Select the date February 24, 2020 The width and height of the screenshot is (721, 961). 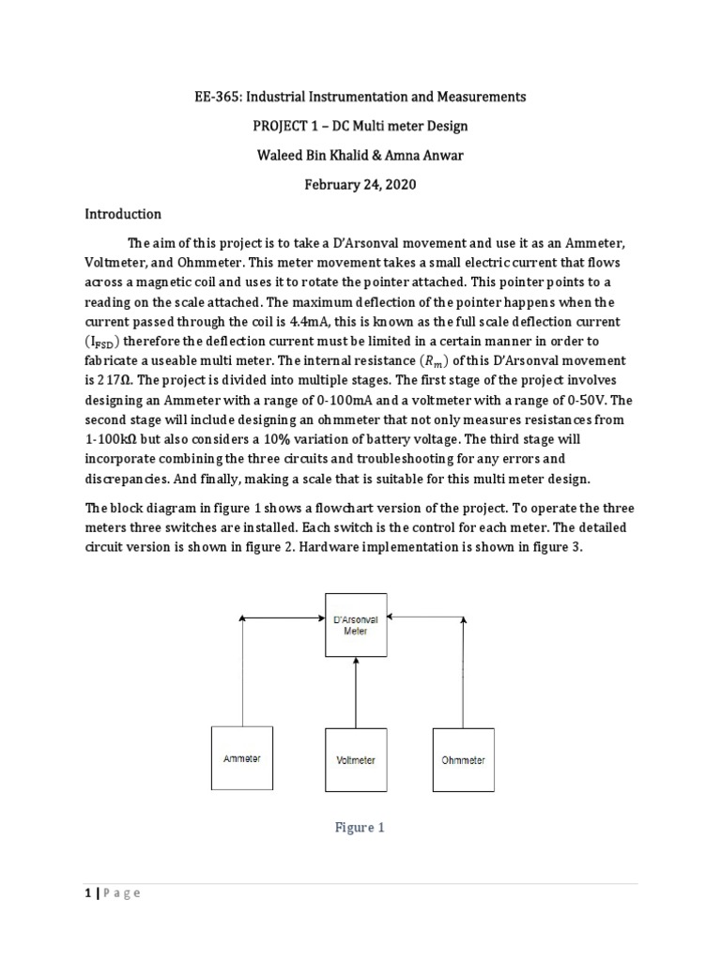tap(360, 184)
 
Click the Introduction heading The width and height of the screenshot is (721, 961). tap(123, 214)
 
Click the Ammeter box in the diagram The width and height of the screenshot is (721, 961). tap(242, 759)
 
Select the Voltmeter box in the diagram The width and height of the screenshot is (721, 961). tap(356, 759)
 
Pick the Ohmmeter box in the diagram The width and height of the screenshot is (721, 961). tap(463, 759)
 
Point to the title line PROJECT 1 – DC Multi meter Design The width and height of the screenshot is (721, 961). tap(360, 126)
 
